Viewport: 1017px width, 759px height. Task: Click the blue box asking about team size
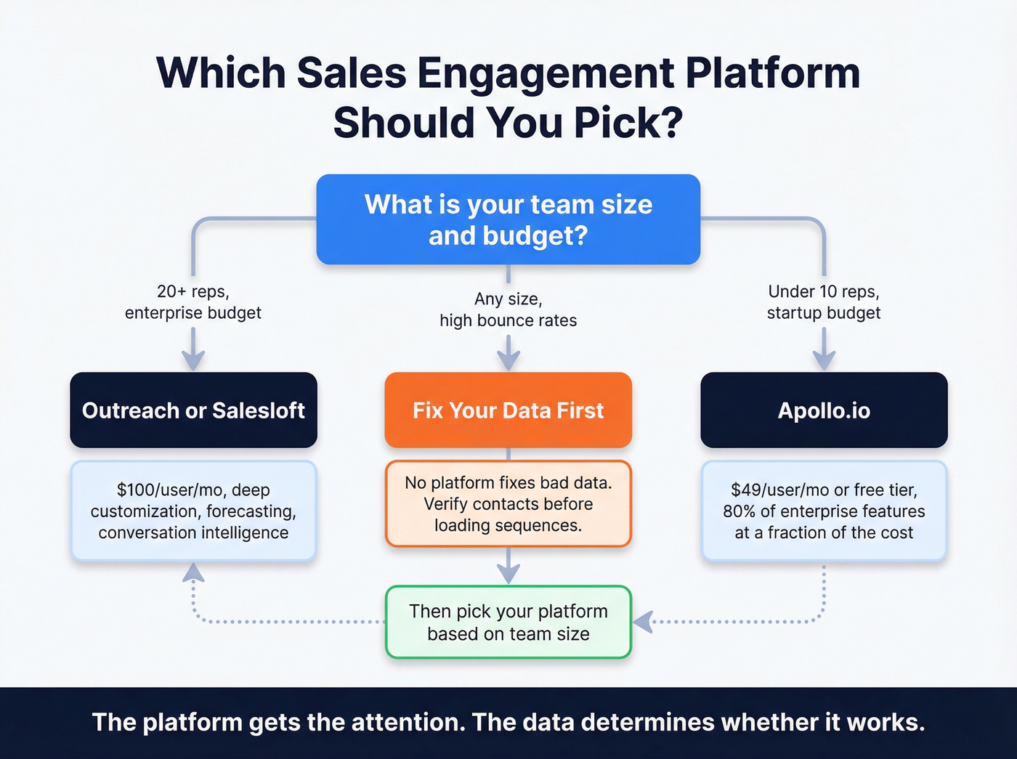click(508, 219)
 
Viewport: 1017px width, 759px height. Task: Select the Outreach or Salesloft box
click(193, 410)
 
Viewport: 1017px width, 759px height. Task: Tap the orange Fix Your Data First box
click(508, 410)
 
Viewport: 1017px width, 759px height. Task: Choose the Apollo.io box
click(824, 410)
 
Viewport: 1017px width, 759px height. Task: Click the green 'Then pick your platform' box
click(508, 622)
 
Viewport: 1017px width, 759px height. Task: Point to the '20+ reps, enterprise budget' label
click(193, 302)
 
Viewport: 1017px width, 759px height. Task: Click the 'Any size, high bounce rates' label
click(508, 309)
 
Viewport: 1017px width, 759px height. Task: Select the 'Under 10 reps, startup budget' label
click(824, 302)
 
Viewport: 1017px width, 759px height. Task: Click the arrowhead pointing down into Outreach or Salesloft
click(193, 360)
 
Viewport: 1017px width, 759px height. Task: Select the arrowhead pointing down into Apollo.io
click(824, 360)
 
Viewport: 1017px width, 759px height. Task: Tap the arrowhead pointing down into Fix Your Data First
click(508, 360)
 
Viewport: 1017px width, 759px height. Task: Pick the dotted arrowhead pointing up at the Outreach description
click(193, 574)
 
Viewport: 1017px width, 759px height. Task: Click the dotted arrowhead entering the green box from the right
click(643, 622)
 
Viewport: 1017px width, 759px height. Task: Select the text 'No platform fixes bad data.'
click(508, 483)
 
